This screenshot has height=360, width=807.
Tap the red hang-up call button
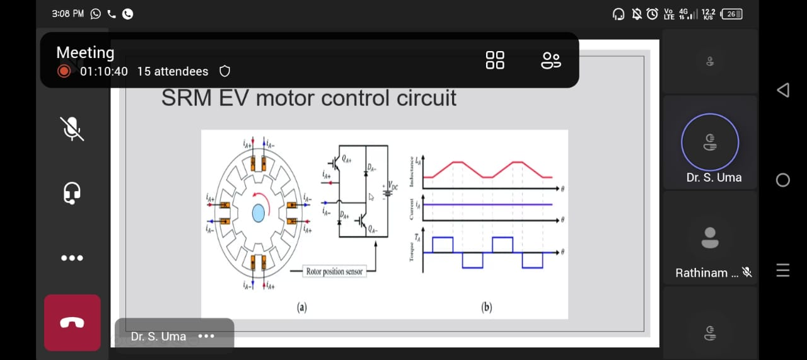click(72, 323)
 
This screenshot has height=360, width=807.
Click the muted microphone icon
click(73, 129)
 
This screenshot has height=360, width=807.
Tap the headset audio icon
click(72, 193)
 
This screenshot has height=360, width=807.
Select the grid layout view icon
click(495, 60)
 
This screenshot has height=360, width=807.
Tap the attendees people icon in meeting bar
click(550, 60)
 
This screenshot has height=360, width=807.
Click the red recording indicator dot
click(64, 71)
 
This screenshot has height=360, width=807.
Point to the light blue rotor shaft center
click(258, 214)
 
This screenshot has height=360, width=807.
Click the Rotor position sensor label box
click(334, 271)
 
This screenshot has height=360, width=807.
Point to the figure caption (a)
click(302, 307)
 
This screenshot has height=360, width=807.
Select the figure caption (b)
click(486, 307)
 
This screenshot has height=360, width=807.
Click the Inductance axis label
click(412, 171)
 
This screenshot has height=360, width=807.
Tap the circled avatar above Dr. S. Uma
click(710, 142)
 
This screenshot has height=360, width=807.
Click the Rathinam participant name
click(701, 273)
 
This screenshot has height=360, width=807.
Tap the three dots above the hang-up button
click(72, 258)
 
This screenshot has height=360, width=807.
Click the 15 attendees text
click(172, 72)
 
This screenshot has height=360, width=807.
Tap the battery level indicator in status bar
click(731, 14)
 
